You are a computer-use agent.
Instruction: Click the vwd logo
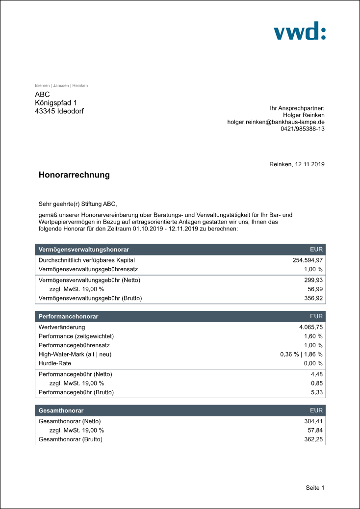click(299, 31)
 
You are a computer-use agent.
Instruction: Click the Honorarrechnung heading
click(74, 175)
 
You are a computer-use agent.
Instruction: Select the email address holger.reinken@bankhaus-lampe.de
click(276, 122)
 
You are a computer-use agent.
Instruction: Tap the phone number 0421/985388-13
click(303, 128)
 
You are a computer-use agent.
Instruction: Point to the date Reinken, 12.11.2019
click(297, 164)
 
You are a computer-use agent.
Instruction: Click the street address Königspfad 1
click(56, 103)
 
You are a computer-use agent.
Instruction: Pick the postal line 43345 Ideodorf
click(59, 111)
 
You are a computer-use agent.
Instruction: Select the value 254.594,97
click(308, 260)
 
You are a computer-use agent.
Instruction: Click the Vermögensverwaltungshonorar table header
click(84, 250)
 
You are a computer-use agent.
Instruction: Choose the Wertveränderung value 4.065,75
click(310, 327)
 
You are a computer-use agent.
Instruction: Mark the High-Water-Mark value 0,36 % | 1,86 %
click(301, 355)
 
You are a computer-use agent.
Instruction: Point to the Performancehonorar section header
click(68, 317)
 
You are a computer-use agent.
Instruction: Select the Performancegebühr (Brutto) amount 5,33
click(317, 392)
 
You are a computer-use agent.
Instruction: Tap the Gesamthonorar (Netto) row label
click(70, 421)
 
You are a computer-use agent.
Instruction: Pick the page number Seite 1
click(315, 488)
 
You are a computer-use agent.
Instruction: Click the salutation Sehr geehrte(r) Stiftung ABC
click(78, 204)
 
